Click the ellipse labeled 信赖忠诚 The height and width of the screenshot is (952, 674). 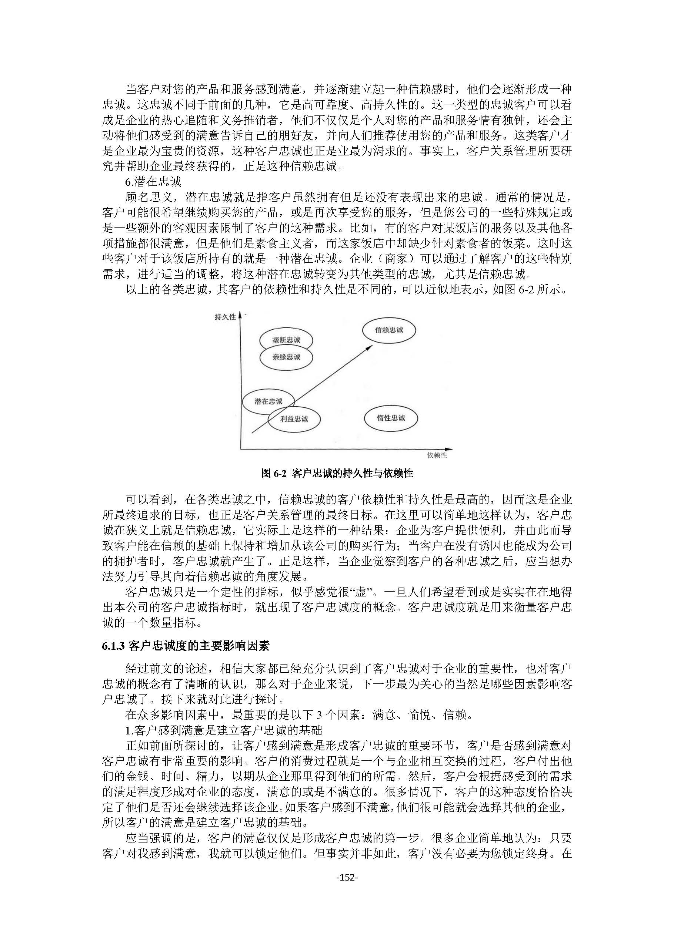pyautogui.click(x=389, y=330)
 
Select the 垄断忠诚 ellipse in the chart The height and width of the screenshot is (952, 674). pyautogui.click(x=286, y=340)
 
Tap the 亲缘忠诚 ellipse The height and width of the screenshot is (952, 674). pyautogui.click(x=286, y=357)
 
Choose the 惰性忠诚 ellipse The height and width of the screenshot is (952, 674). pyautogui.click(x=391, y=418)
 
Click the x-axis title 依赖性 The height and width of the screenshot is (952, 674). pyautogui.click(x=437, y=455)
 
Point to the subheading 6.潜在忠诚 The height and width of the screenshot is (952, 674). pyautogui.click(x=153, y=182)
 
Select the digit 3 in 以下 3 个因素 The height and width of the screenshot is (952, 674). pyautogui.click(x=319, y=715)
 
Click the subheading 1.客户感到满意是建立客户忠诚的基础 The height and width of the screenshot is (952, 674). pyautogui.click(x=224, y=730)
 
